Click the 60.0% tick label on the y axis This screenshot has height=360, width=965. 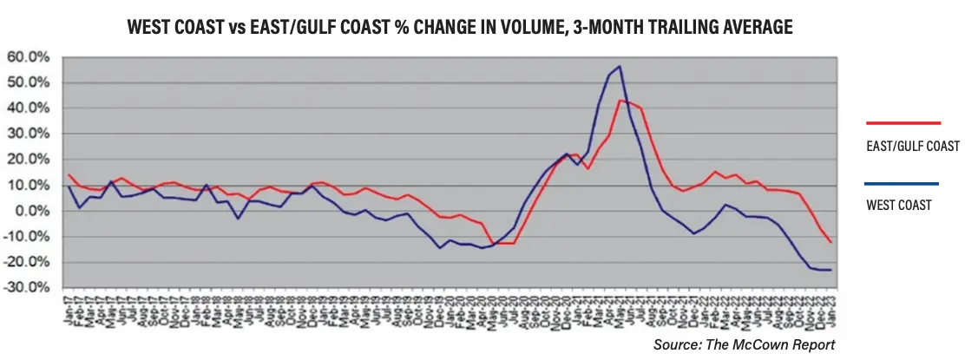30,57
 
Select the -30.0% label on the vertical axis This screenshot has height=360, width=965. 28,288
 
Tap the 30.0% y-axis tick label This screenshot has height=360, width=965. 30,134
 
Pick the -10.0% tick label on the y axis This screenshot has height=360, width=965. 28,237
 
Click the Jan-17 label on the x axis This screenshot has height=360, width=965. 69,308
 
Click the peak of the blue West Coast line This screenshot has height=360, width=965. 619,67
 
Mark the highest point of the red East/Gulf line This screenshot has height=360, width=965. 620,101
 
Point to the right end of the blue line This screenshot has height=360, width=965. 830,270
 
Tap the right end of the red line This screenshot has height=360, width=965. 830,242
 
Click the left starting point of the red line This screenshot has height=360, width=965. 69,175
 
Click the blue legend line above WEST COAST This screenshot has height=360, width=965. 903,184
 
